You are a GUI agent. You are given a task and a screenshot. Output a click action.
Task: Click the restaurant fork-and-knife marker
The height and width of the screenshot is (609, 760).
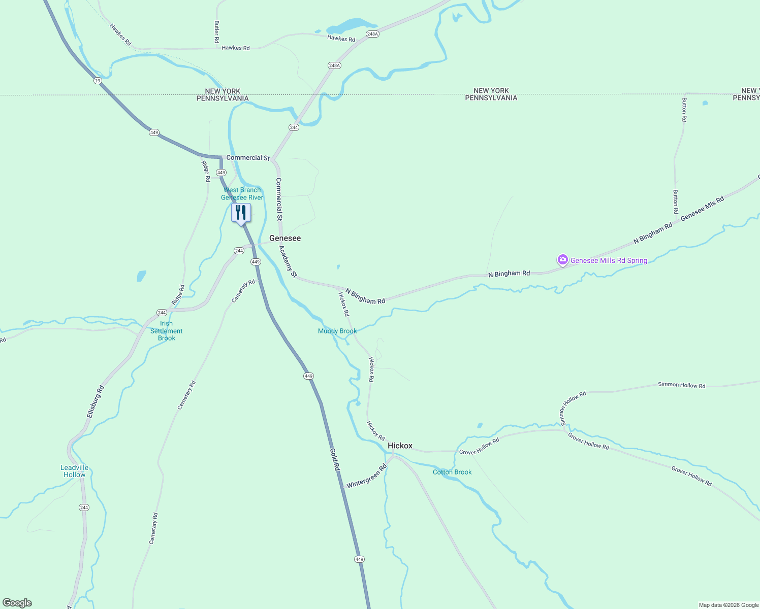click(241, 213)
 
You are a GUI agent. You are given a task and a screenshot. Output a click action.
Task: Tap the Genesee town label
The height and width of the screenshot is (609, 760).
click(284, 238)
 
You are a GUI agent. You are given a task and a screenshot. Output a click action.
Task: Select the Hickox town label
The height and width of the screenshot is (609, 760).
click(400, 446)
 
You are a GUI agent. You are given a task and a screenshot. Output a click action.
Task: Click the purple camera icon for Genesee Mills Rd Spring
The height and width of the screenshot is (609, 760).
click(562, 260)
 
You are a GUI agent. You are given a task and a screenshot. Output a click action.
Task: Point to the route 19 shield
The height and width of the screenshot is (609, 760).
click(98, 81)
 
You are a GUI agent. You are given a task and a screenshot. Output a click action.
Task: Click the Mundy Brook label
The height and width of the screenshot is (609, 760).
click(337, 331)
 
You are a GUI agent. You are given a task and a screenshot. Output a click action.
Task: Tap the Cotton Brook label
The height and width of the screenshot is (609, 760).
click(452, 472)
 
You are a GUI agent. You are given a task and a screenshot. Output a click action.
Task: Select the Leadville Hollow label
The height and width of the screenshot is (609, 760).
click(75, 471)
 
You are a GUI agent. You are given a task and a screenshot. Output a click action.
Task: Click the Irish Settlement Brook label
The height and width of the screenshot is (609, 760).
click(166, 331)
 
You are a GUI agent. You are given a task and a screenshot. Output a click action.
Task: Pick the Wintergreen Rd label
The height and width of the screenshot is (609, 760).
click(366, 476)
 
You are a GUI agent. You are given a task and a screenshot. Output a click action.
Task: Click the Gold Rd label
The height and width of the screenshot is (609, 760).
click(334, 460)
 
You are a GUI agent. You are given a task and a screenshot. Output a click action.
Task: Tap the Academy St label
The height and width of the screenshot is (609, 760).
click(288, 261)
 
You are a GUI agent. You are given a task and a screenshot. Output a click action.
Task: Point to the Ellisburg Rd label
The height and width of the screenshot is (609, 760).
click(96, 401)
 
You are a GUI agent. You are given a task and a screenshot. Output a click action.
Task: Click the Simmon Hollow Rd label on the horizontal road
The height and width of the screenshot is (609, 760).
click(681, 385)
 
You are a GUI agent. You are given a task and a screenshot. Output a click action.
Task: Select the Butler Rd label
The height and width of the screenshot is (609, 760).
click(217, 31)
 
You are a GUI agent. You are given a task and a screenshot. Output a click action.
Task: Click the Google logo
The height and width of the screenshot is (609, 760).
click(17, 603)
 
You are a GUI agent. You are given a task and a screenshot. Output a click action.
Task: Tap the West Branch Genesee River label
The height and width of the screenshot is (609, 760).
click(242, 194)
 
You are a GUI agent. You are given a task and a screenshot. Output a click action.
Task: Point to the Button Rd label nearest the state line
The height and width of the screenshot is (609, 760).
click(684, 110)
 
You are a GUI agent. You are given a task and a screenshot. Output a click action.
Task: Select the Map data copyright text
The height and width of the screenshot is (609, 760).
click(728, 605)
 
